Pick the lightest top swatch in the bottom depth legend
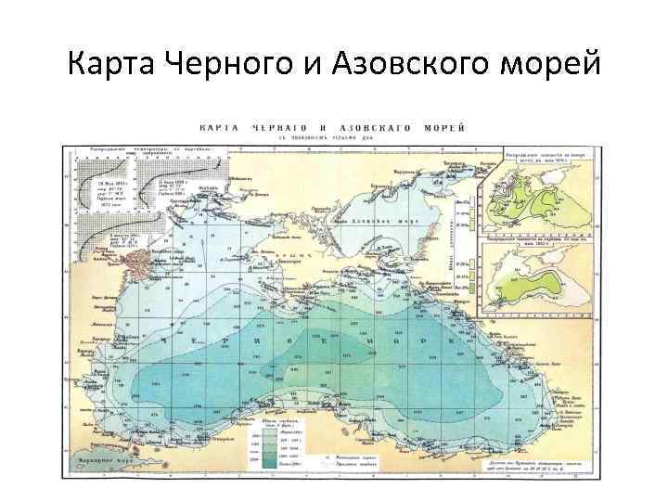pos(265,429)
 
